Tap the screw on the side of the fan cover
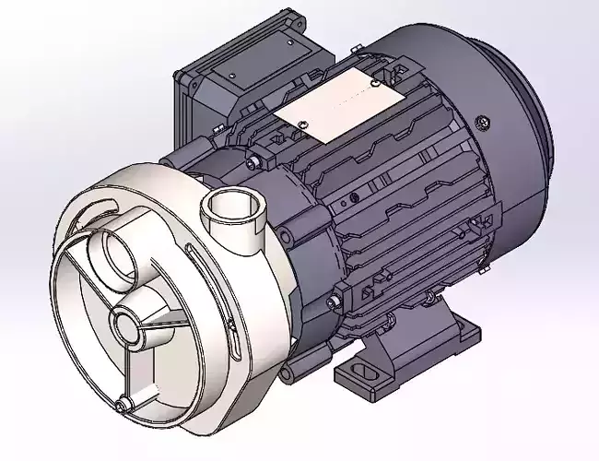tap(480, 122)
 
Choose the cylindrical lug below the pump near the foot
tap(293, 371)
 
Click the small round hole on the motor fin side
tap(352, 196)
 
